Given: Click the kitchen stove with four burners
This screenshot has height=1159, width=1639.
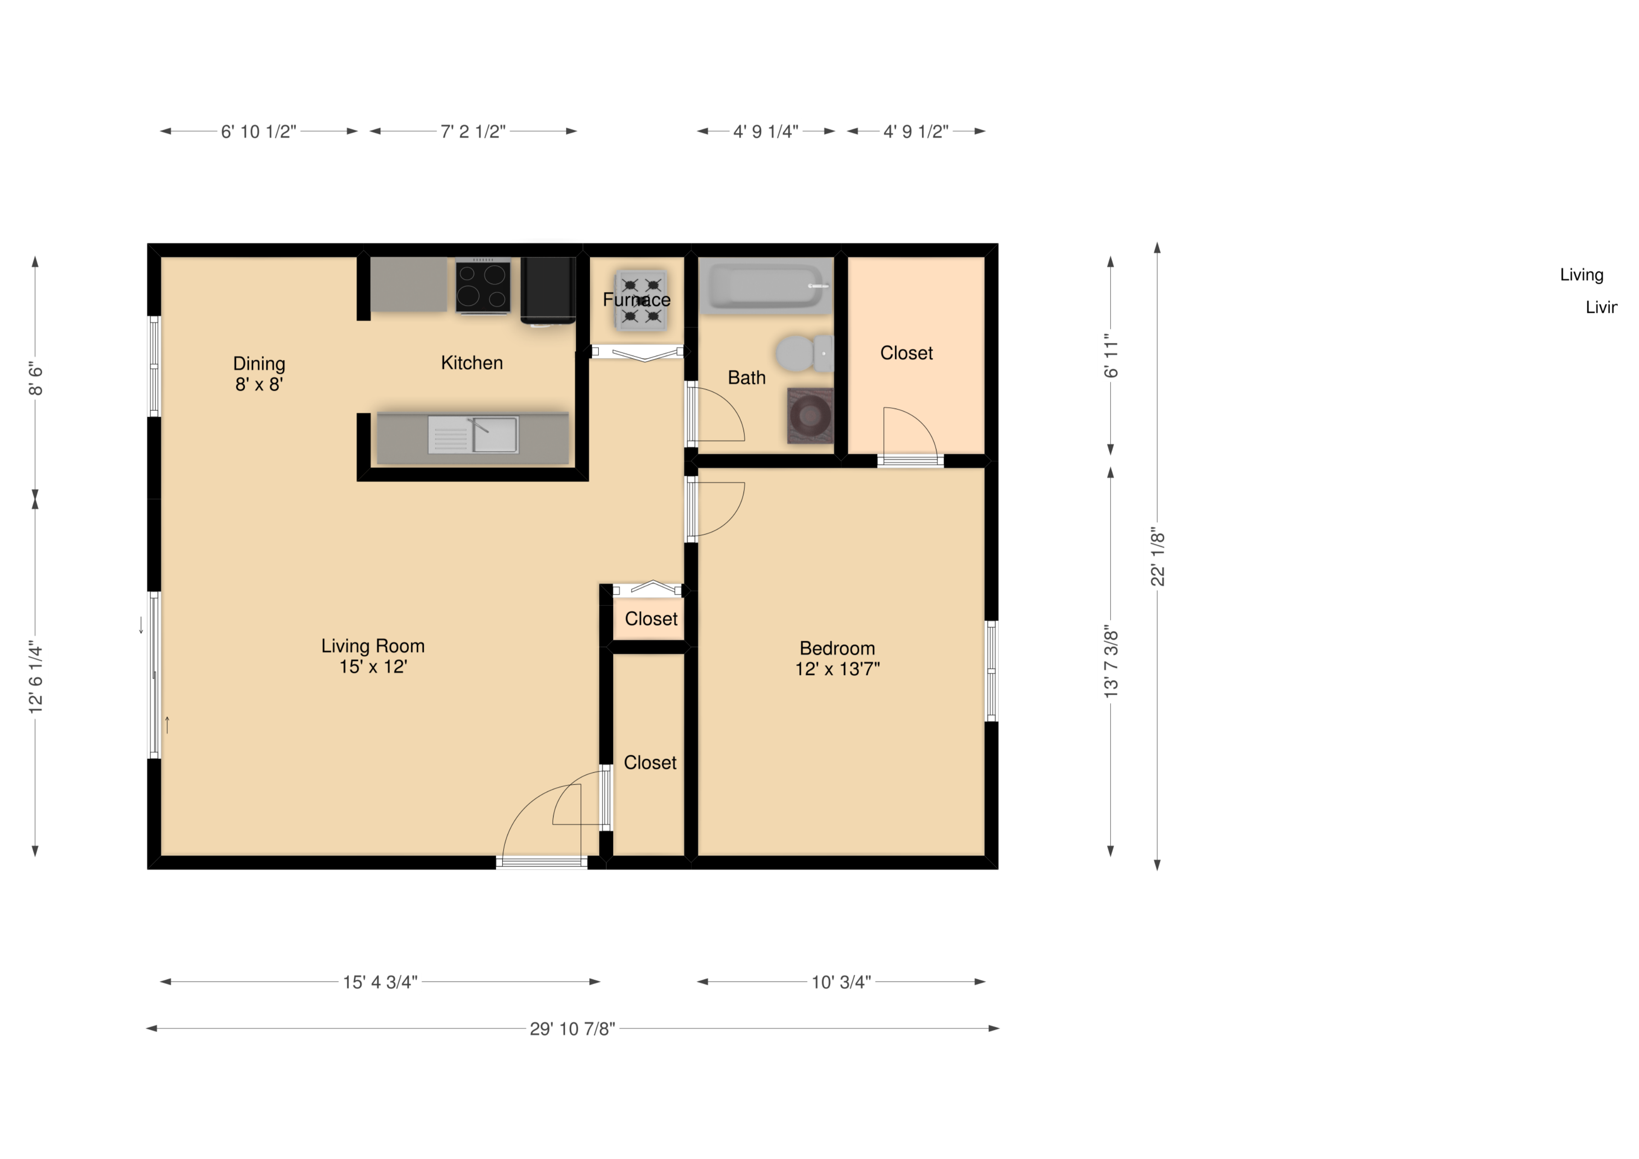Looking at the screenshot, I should coord(483,286).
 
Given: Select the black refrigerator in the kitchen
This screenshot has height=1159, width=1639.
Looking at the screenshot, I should coord(548,289).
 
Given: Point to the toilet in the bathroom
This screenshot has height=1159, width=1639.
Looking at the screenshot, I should coord(803,353).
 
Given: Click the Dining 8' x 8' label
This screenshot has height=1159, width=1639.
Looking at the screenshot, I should coord(259,374).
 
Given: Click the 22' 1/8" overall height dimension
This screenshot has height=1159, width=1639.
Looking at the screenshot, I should coord(1157,555).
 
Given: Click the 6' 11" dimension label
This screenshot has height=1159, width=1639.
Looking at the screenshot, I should coord(1110,356).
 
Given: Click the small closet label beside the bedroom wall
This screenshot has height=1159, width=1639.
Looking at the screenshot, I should coord(650,619).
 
